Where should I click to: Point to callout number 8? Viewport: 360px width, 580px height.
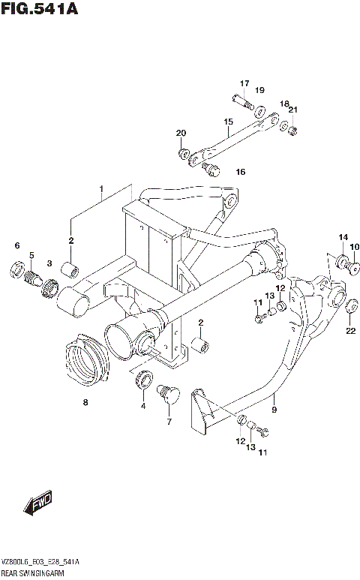pyautogui.click(x=85, y=403)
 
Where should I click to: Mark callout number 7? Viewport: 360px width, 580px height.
pyautogui.click(x=169, y=421)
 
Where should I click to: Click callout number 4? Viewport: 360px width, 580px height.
pyautogui.click(x=142, y=406)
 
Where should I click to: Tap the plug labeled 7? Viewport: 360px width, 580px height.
pyautogui.click(x=166, y=393)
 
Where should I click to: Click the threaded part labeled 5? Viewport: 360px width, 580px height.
pyautogui.click(x=32, y=278)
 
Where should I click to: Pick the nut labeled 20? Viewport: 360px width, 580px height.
pyautogui.click(x=183, y=155)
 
